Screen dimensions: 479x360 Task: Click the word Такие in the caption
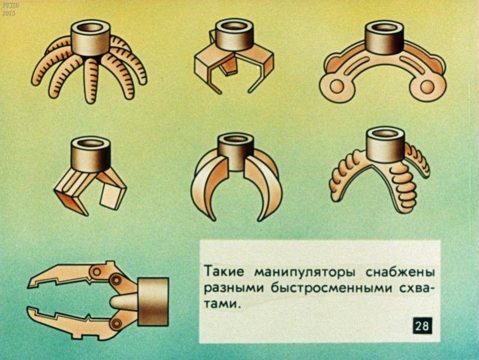224,271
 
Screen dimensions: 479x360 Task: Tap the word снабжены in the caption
400,271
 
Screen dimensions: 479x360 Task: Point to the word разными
233,288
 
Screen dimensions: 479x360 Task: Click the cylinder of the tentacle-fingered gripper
91,38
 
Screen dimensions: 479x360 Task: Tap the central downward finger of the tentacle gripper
91,80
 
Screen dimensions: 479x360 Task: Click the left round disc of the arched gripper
336,86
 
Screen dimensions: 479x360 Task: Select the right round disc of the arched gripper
427,86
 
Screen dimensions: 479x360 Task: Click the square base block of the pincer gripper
153,302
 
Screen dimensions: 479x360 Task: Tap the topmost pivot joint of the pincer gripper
98,271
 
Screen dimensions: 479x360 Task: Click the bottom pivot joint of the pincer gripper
116,323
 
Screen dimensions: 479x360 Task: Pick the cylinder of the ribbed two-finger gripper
387,144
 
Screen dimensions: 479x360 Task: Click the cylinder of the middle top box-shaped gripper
234,35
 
